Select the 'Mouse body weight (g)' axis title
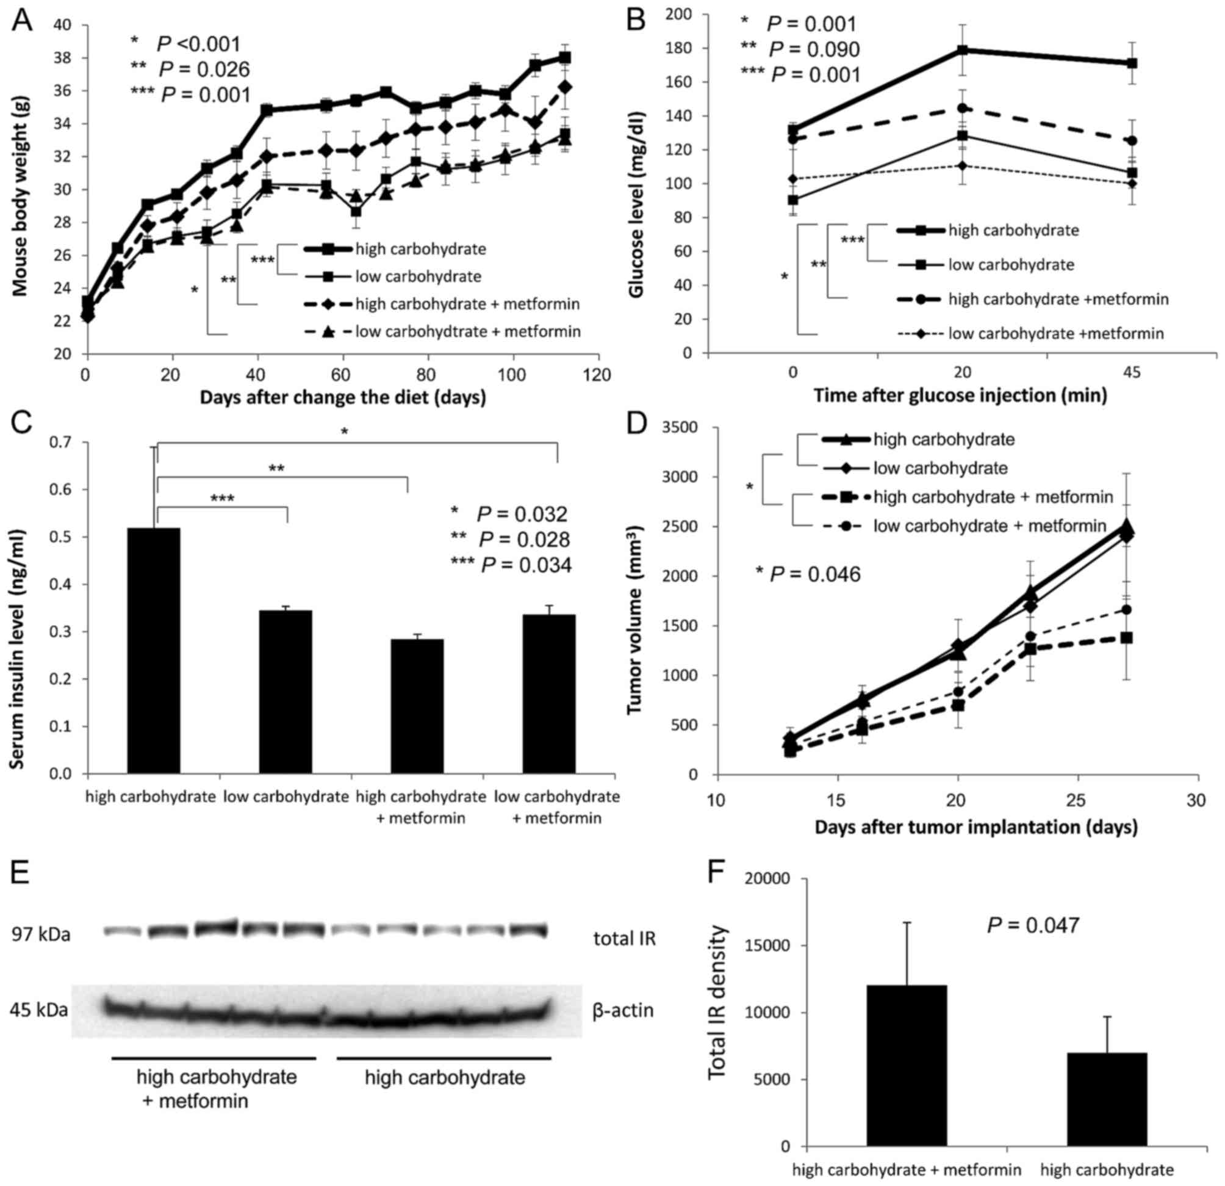[20, 190]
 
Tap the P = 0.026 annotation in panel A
[190, 70]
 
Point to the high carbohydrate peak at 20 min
[963, 50]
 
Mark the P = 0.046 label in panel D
[808, 573]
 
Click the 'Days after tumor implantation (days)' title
[975, 826]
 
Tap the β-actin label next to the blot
[622, 1010]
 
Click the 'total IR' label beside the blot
[624, 938]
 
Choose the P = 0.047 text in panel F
[1033, 925]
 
